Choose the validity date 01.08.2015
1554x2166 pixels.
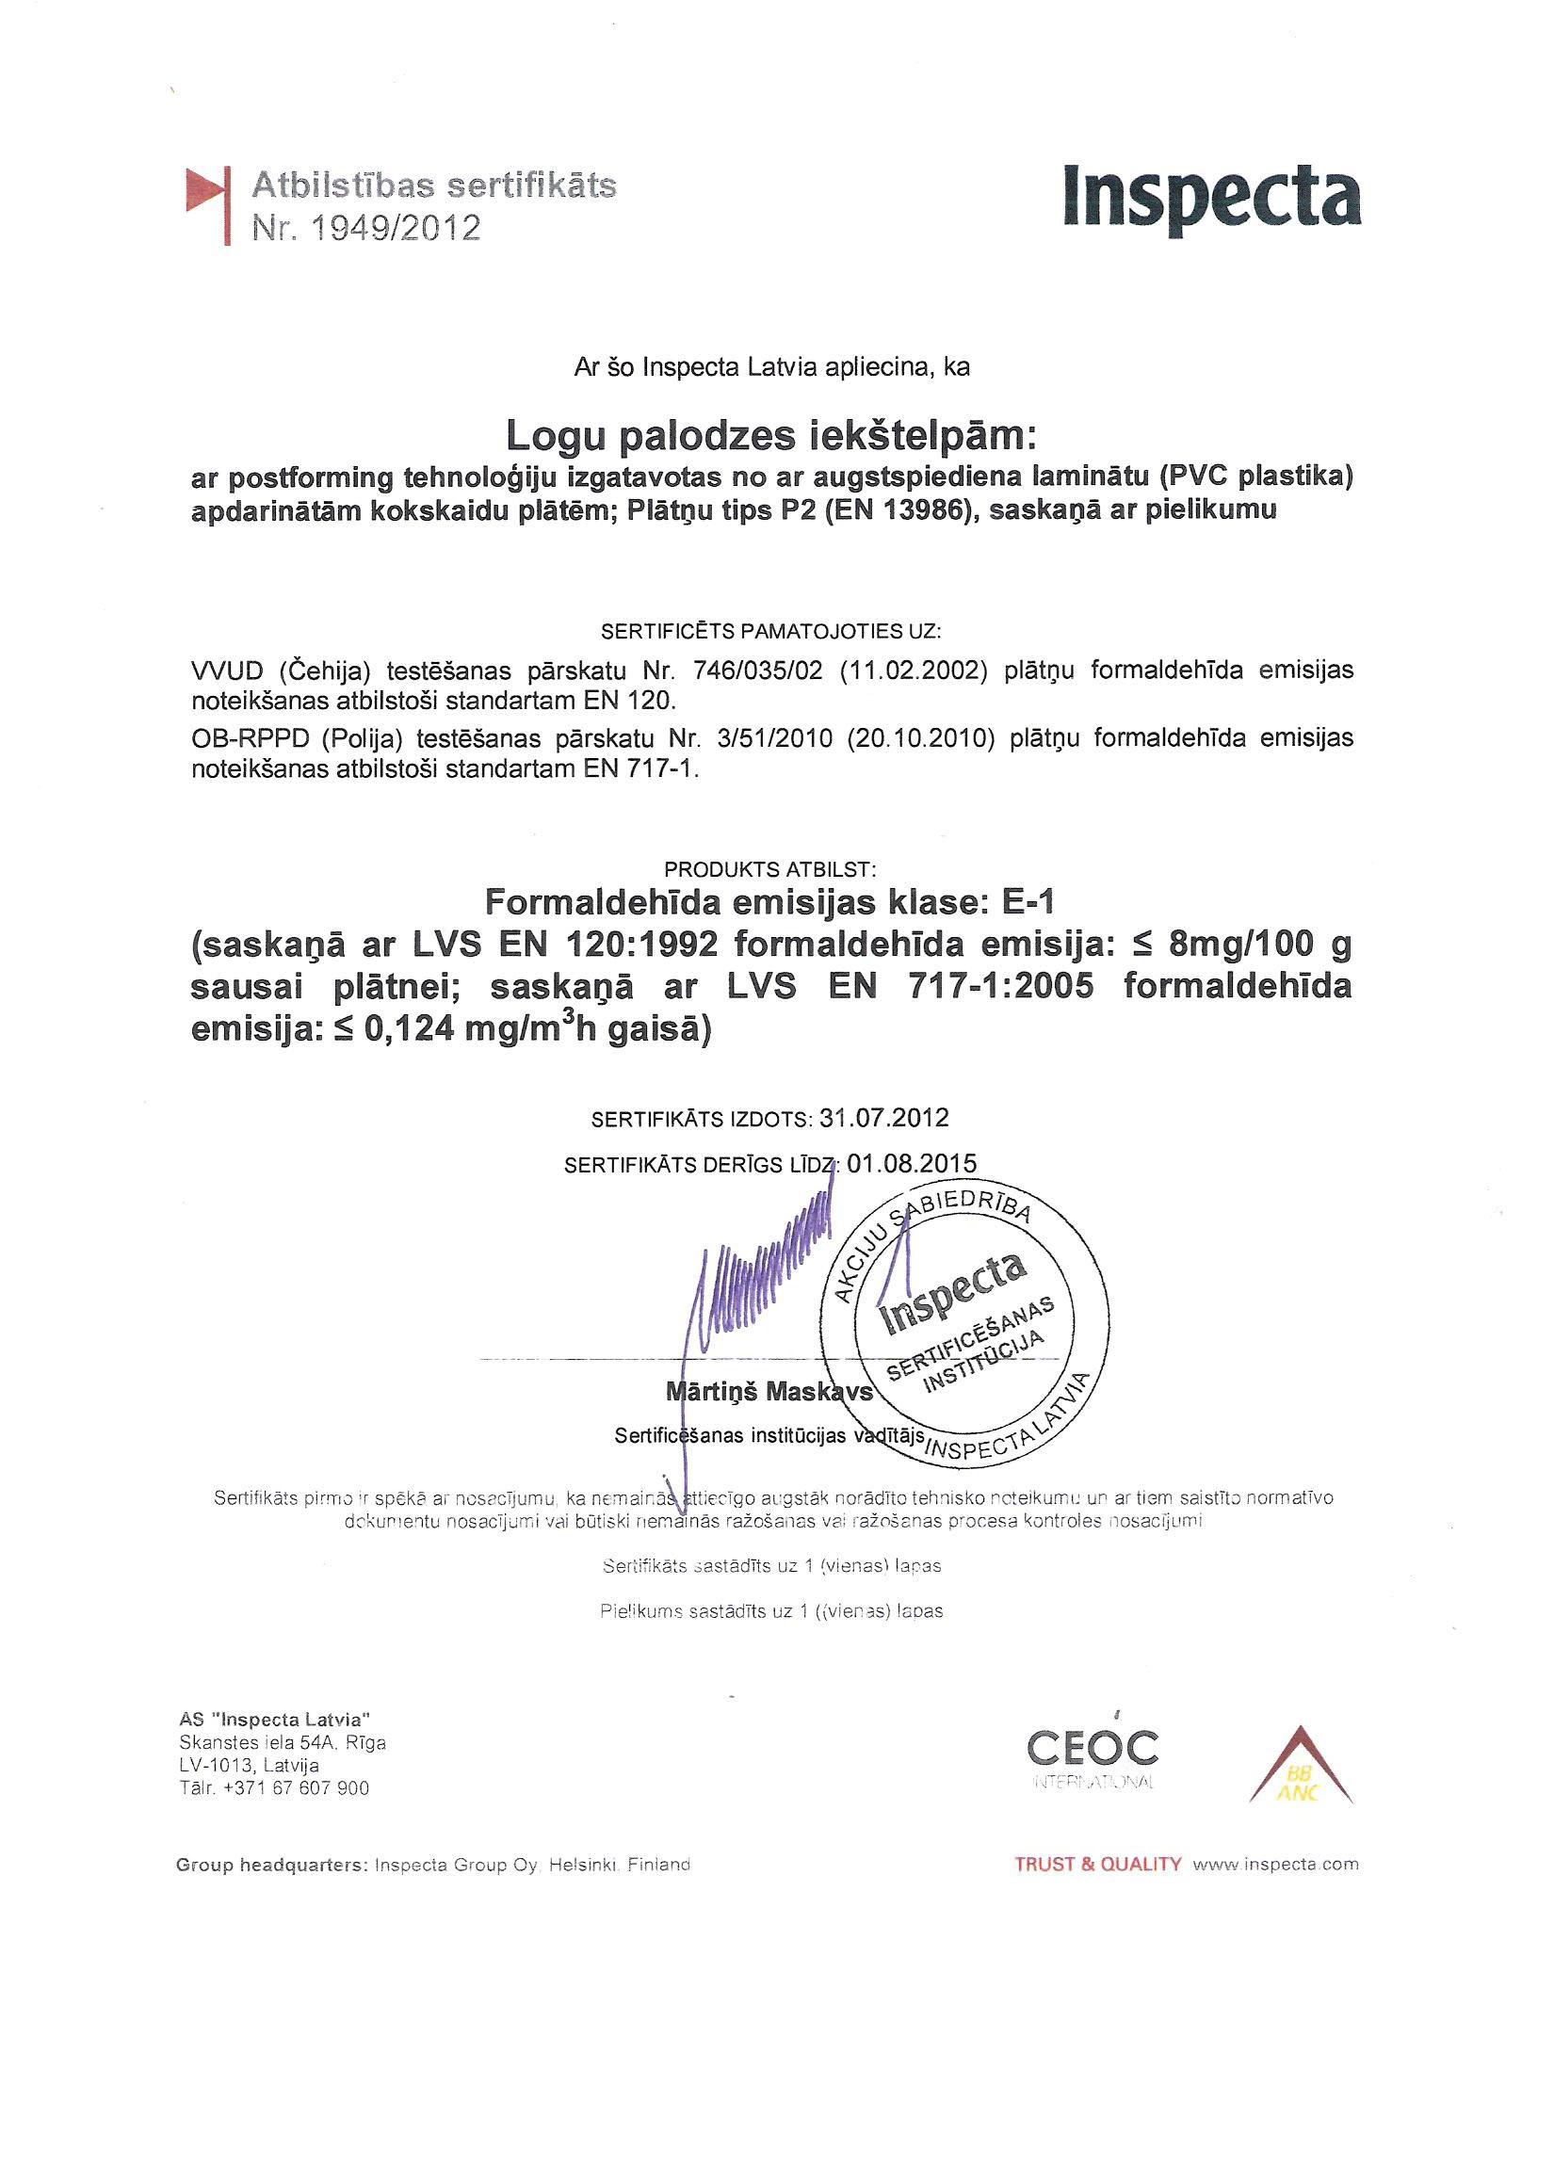click(911, 1163)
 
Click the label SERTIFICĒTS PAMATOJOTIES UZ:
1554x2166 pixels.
click(769, 631)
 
